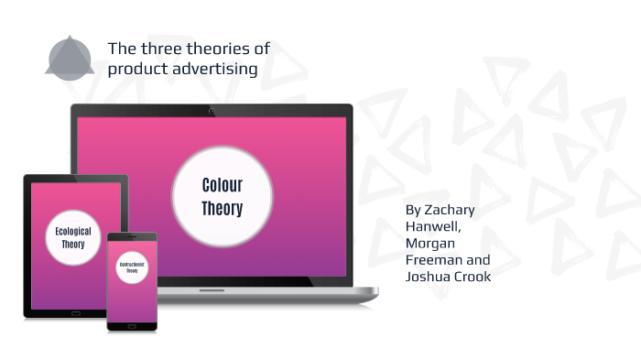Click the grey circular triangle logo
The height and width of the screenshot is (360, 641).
tap(70, 59)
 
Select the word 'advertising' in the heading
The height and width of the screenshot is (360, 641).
tap(216, 69)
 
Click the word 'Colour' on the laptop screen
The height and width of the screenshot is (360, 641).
tap(222, 186)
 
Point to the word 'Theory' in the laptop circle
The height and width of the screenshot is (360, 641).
tap(222, 209)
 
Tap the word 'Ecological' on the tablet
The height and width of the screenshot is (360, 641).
tap(73, 232)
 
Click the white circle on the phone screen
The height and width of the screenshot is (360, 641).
tap(132, 269)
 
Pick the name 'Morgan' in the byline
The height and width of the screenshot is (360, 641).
tap(430, 243)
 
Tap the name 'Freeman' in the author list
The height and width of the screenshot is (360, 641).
tap(431, 259)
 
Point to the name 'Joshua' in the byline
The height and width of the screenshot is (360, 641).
tap(428, 276)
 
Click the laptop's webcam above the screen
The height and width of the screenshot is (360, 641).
tap(212, 111)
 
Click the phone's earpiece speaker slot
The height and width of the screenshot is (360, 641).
tap(132, 238)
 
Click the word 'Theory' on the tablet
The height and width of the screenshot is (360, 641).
tap(73, 245)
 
